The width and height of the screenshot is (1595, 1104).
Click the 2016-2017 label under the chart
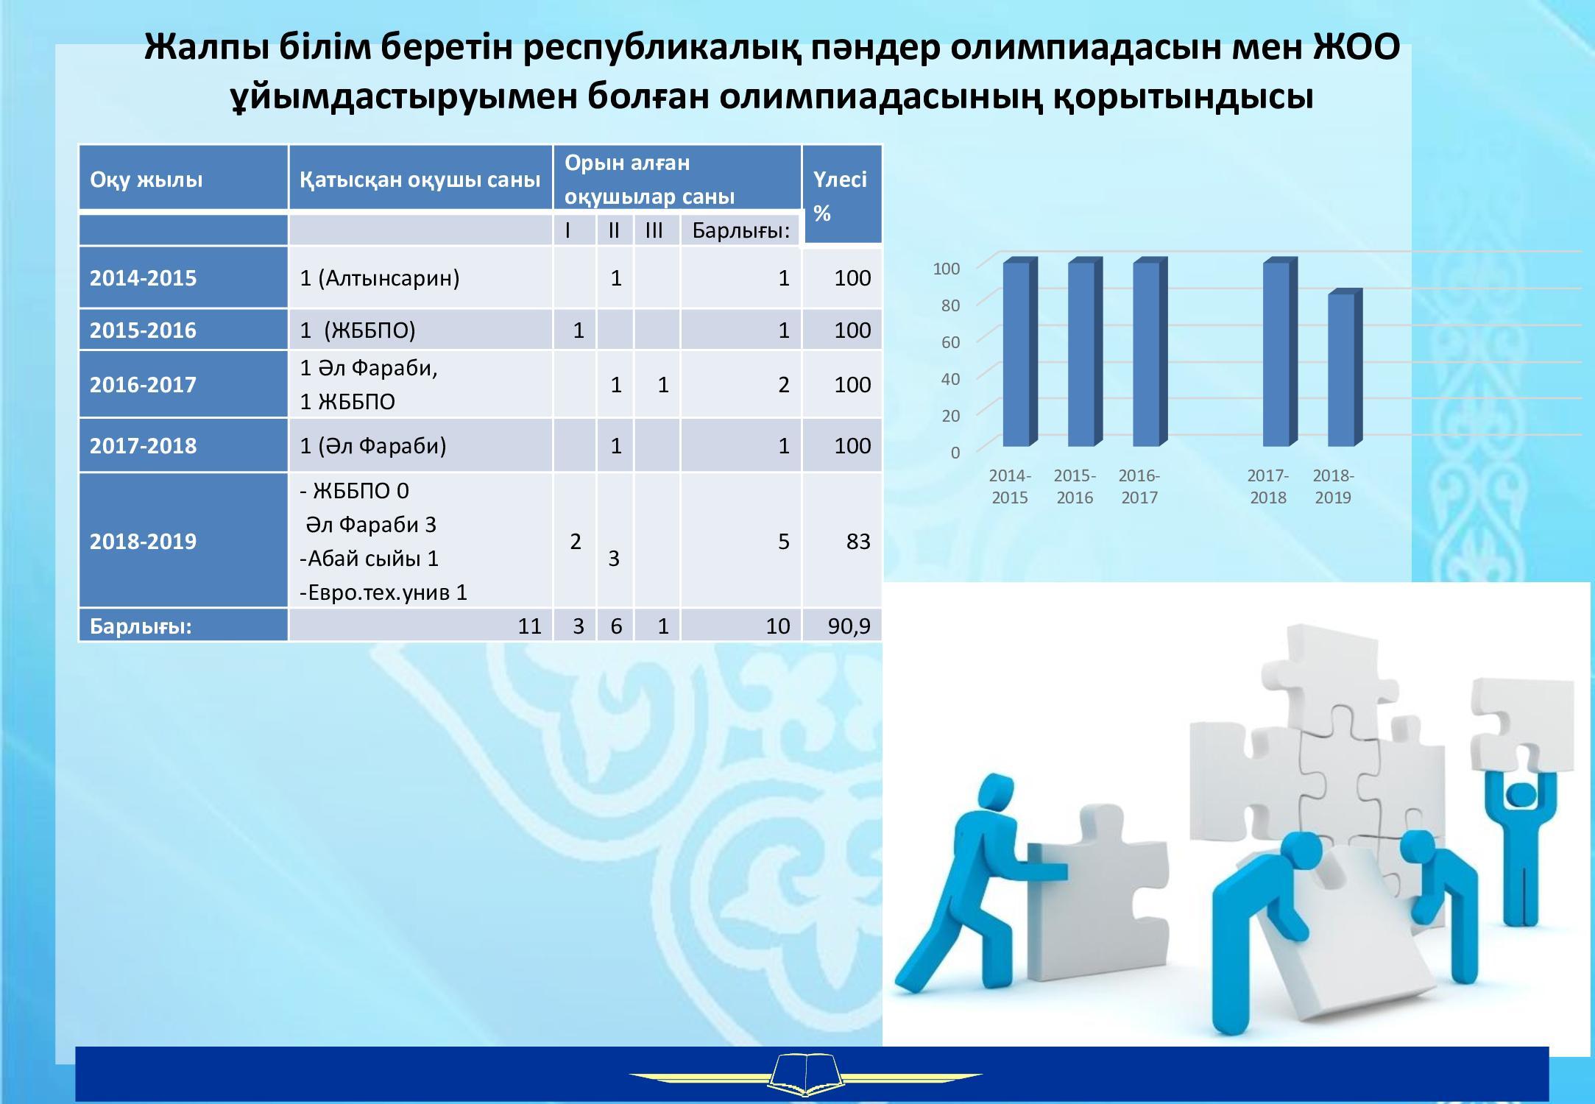(x=1139, y=486)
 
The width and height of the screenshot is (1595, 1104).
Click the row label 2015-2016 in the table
(x=143, y=330)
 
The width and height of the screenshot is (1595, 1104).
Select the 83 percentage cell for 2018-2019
(x=858, y=541)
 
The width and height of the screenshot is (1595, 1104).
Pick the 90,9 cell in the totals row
(x=849, y=626)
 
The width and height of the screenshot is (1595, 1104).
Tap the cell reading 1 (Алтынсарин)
(x=380, y=277)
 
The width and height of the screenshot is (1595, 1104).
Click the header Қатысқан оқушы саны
(x=420, y=180)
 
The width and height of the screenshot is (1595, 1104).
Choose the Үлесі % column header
(x=840, y=196)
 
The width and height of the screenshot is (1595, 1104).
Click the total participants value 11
(x=529, y=626)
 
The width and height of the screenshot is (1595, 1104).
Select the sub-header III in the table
(x=654, y=230)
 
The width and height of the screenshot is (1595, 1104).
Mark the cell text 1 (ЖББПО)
(x=358, y=330)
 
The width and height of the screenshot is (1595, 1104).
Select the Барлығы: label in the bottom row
(x=141, y=626)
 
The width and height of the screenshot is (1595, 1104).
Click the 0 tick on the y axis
(x=955, y=453)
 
